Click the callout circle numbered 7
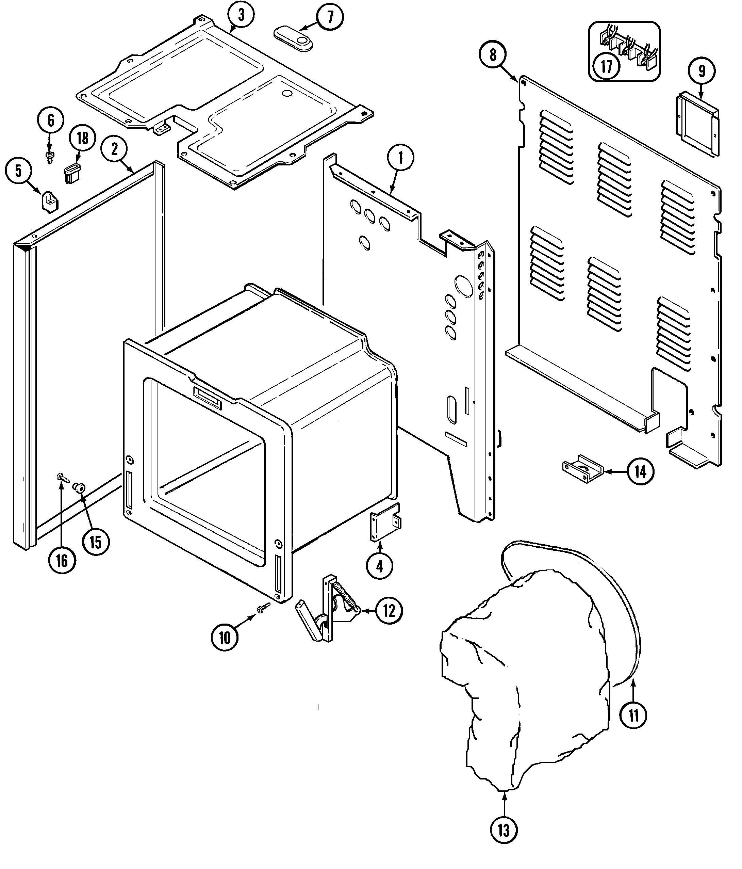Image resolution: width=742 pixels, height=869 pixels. pos(330,17)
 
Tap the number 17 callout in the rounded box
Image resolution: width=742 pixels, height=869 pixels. pos(606,66)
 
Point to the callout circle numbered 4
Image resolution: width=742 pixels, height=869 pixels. pos(379,566)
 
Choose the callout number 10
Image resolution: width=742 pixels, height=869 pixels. pos(225,638)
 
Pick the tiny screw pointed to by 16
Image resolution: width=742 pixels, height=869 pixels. pos(61,477)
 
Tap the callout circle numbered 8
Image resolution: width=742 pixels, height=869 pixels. pos(493,55)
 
